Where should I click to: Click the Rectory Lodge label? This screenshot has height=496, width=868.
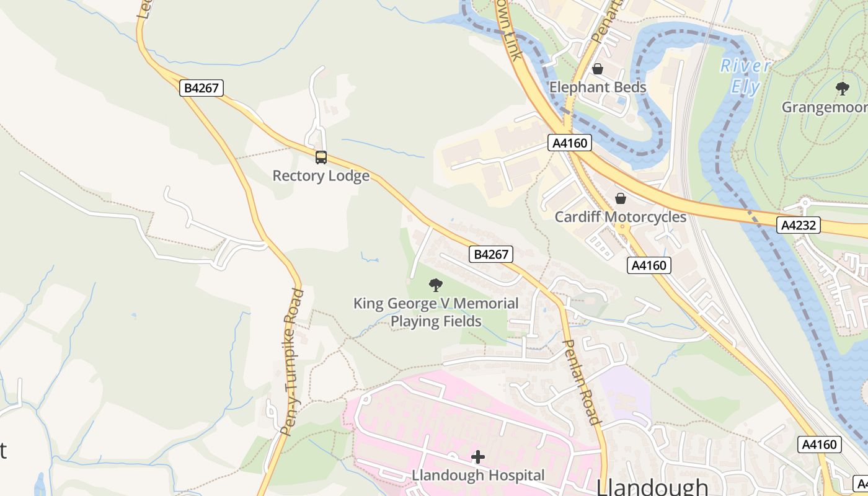tap(321, 176)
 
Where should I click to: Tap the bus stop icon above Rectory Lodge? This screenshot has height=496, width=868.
tap(321, 157)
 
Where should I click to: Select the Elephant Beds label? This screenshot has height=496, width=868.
tap(598, 87)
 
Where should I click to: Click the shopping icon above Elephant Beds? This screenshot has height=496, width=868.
tap(598, 69)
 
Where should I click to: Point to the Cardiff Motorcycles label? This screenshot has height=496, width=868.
tap(620, 217)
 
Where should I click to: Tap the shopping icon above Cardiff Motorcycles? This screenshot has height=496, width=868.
tap(620, 198)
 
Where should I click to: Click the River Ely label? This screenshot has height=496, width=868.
tap(746, 76)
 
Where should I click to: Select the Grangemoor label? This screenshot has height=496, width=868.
tap(824, 107)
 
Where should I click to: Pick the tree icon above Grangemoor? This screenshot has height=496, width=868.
tap(842, 89)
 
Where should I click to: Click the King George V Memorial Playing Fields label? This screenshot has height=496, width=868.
tap(436, 312)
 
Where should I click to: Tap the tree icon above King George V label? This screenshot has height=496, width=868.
tap(436, 285)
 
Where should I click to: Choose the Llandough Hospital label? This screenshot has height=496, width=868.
tap(478, 476)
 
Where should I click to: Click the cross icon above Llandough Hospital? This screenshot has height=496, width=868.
tap(478, 458)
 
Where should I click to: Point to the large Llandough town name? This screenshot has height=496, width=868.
tap(652, 487)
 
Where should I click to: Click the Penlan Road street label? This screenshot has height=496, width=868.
tap(582, 382)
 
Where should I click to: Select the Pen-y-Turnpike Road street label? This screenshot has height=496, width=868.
tap(291, 361)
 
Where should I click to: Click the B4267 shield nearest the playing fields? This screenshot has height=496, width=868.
tap(491, 254)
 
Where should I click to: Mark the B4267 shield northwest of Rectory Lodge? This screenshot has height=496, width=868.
tap(202, 88)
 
